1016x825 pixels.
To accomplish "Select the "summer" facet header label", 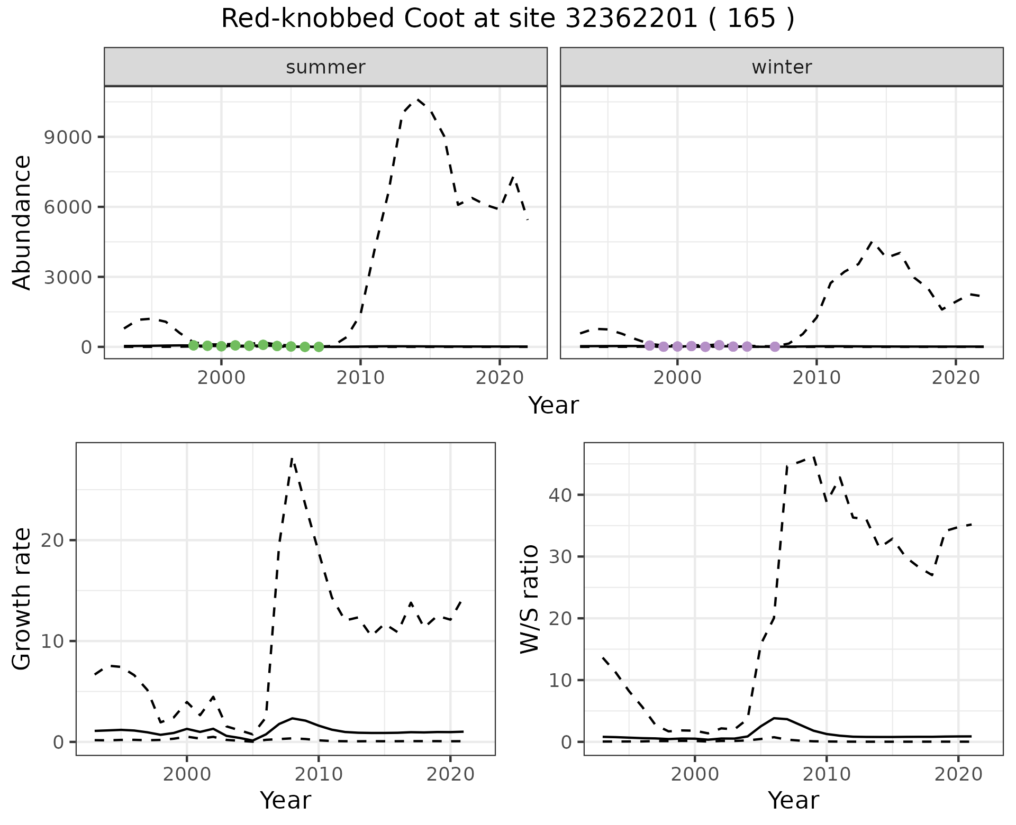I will [x=325, y=67].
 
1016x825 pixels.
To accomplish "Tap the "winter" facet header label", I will [x=782, y=67].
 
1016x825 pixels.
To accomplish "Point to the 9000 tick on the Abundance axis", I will [x=68, y=137].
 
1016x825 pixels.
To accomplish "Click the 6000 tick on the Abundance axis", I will [x=68, y=207].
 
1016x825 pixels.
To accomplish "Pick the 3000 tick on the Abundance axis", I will [x=68, y=277].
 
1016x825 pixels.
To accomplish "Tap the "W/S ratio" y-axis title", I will [x=530, y=599].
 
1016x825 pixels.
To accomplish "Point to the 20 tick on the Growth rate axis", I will [x=51, y=540].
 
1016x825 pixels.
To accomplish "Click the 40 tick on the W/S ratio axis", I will [x=559, y=495].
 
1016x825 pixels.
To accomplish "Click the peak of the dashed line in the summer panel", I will [x=418, y=99].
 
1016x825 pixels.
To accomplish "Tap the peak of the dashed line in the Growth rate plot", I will [x=292, y=459].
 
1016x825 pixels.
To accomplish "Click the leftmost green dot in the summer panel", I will [x=194, y=345].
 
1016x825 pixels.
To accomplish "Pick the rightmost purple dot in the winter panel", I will [x=775, y=347].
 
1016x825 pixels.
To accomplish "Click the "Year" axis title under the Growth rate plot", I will [x=285, y=801].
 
